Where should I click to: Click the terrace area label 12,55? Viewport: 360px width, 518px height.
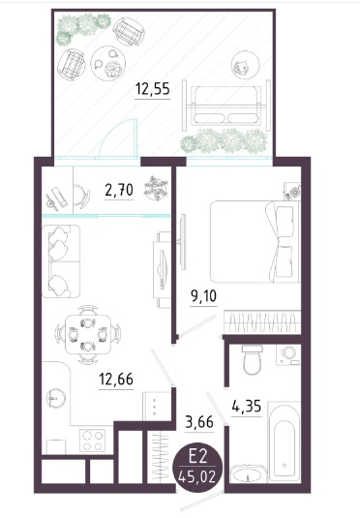pyautogui.click(x=153, y=89)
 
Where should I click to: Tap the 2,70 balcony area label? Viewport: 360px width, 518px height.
pyautogui.click(x=119, y=191)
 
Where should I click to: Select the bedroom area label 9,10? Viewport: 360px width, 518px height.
pyautogui.click(x=203, y=296)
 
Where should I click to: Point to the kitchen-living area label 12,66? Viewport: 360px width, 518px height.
pyautogui.click(x=116, y=379)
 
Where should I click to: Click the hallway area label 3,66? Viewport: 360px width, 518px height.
pyautogui.click(x=199, y=422)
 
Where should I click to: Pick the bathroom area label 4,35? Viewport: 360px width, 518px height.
pyautogui.click(x=247, y=407)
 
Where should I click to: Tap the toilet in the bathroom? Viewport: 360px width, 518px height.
pyautogui.click(x=252, y=359)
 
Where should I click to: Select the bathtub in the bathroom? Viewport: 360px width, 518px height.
pyautogui.click(x=284, y=442)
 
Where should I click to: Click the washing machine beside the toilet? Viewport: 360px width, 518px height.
pyautogui.click(x=288, y=354)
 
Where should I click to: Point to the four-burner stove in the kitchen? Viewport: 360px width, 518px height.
pyautogui.click(x=92, y=441)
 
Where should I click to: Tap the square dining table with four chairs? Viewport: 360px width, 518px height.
pyautogui.click(x=88, y=334)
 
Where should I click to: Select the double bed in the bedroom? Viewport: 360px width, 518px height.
pyautogui.click(x=255, y=242)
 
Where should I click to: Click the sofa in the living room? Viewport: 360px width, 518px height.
pyautogui.click(x=61, y=261)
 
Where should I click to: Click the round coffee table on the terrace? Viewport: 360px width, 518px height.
pyautogui.click(x=108, y=63)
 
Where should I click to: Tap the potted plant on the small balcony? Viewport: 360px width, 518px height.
pyautogui.click(x=156, y=188)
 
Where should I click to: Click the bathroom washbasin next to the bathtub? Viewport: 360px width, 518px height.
pyautogui.click(x=247, y=474)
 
